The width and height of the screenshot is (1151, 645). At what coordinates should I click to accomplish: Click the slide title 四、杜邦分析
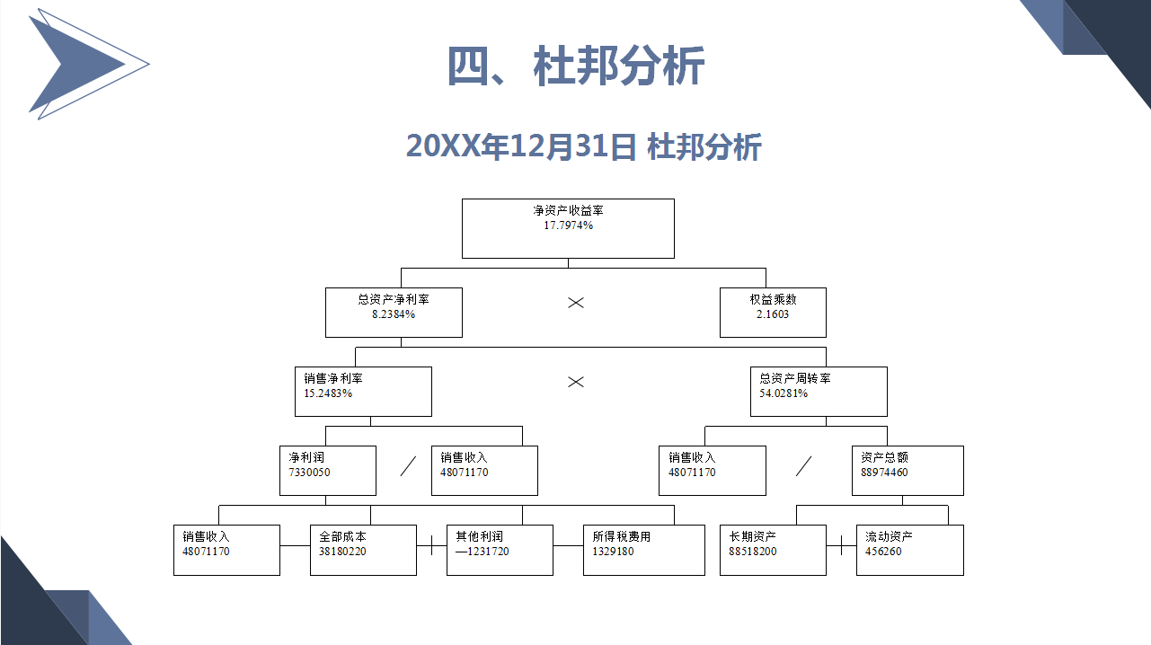[x=575, y=66]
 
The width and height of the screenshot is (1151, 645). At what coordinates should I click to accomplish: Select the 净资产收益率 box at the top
[x=568, y=228]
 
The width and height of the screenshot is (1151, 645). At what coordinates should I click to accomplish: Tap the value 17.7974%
[x=568, y=225]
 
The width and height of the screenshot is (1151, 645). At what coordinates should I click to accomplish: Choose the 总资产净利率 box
[x=394, y=313]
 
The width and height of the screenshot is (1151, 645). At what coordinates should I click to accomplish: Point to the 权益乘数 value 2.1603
[x=773, y=314]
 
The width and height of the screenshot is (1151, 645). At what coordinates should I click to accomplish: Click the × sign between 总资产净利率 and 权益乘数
[x=575, y=303]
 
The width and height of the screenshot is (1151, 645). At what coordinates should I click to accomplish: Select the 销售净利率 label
[x=333, y=378]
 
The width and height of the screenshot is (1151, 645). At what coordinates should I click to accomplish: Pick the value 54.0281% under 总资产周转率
[x=784, y=393]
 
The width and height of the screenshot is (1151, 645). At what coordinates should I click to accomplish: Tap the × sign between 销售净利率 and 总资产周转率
[x=575, y=382]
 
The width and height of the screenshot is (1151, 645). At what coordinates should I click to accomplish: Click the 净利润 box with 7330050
[x=328, y=471]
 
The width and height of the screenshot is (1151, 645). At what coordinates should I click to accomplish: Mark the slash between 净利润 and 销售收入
[x=408, y=466]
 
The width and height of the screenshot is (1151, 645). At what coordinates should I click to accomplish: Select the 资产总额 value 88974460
[x=884, y=473]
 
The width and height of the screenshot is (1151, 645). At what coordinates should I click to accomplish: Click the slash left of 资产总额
[x=803, y=466]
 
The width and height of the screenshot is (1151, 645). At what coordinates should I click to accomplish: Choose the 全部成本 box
[x=363, y=550]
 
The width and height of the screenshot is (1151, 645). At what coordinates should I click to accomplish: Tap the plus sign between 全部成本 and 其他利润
[x=431, y=545]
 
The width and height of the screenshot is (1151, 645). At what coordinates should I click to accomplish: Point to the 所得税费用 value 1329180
[x=613, y=552]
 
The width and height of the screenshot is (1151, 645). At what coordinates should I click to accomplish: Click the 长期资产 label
[x=752, y=536]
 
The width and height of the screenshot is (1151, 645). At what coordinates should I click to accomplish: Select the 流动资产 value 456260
[x=883, y=552]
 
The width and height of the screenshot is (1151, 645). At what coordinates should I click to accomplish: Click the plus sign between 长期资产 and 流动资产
[x=841, y=545]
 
